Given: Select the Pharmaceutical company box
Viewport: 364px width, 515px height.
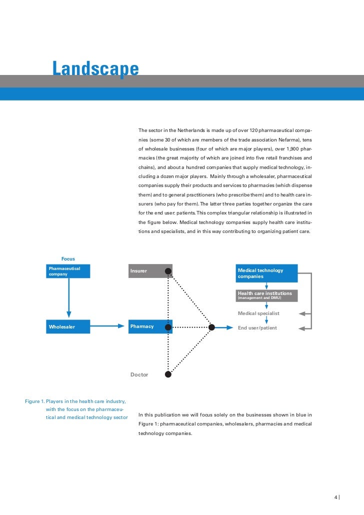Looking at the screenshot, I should click(x=68, y=271).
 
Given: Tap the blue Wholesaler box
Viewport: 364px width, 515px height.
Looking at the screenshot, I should click(x=68, y=327).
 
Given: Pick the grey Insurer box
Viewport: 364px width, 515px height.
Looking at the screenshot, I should click(x=150, y=271).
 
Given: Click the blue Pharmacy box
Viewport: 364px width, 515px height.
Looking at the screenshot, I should click(x=150, y=327).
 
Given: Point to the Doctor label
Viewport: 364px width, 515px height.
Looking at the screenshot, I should click(x=139, y=374).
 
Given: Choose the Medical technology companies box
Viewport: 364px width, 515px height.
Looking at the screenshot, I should click(x=266, y=273).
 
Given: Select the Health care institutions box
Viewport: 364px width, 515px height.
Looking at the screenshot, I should click(x=266, y=295).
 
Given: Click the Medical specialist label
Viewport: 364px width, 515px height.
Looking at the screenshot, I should click(x=258, y=313).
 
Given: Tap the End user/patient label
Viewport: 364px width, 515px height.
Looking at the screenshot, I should click(x=257, y=328).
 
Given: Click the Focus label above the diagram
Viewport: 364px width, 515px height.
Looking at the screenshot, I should click(x=68, y=258).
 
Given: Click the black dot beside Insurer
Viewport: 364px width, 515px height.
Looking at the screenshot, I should click(x=168, y=271).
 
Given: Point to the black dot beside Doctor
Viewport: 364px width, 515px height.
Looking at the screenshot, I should click(x=168, y=373).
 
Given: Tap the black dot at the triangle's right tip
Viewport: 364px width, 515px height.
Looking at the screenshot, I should click(x=211, y=327).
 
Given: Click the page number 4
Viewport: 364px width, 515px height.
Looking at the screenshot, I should click(x=336, y=497).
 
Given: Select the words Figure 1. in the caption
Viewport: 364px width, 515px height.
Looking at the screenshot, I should click(x=34, y=401).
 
